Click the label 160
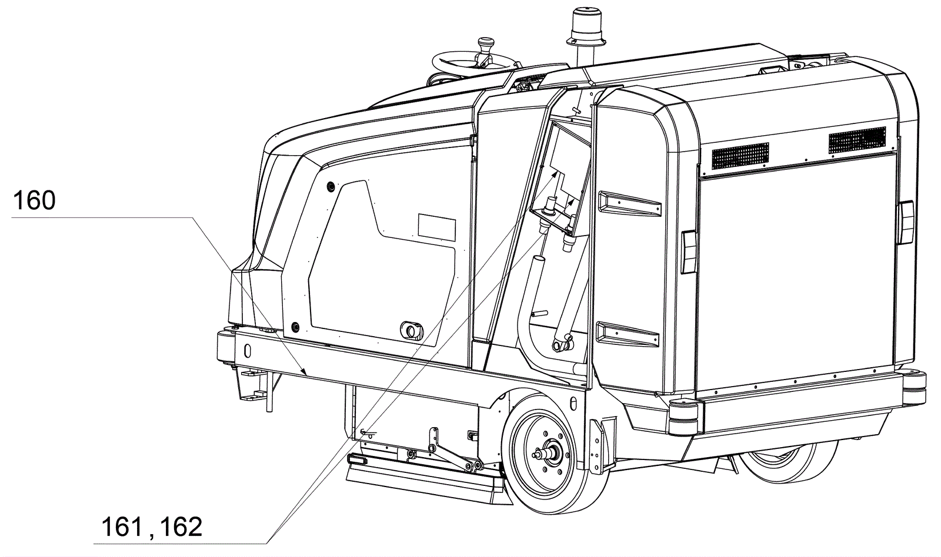pyautogui.click(x=34, y=201)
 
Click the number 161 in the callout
pyautogui.click(x=122, y=526)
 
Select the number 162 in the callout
pyautogui.click(x=181, y=526)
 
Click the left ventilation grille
pyautogui.click(x=740, y=155)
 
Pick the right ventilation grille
pyautogui.click(x=857, y=139)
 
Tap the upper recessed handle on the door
pyautogui.click(x=627, y=202)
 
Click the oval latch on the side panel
pyautogui.click(x=409, y=329)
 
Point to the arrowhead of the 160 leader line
pyautogui.click(x=304, y=372)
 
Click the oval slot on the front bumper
pyautogui.click(x=248, y=350)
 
